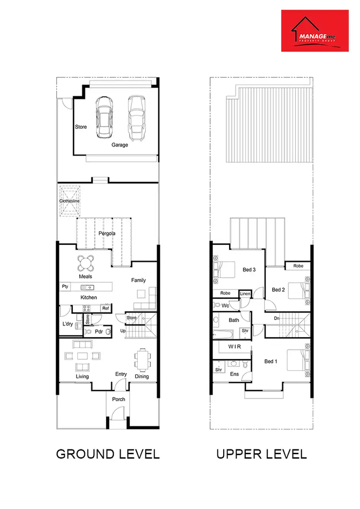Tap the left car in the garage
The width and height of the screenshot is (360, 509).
pyautogui.click(x=104, y=117)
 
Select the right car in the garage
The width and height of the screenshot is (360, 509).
pyautogui.click(x=136, y=118)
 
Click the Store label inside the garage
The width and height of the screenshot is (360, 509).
pyautogui.click(x=81, y=127)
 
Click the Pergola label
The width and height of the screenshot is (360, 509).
pyautogui.click(x=107, y=233)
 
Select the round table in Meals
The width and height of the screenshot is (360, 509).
pyautogui.click(x=86, y=263)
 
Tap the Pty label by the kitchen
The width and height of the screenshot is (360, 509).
pyautogui.click(x=65, y=287)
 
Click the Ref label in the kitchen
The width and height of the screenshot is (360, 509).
pyautogui.click(x=105, y=308)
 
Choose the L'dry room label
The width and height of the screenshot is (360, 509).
pyautogui.click(x=68, y=325)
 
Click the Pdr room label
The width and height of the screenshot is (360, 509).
pyautogui.click(x=99, y=332)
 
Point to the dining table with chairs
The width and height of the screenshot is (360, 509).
pyautogui.click(x=142, y=360)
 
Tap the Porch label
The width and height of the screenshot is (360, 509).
pyautogui.click(x=119, y=400)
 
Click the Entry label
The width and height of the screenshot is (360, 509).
pyautogui.click(x=121, y=375)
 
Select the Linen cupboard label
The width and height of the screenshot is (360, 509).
pyautogui.click(x=245, y=293)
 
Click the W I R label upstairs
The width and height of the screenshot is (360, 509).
pyautogui.click(x=234, y=347)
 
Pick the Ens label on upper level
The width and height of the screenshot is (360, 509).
pyautogui.click(x=235, y=374)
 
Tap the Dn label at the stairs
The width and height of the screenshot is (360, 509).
pyautogui.click(x=276, y=318)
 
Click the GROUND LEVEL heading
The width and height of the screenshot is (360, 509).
pyautogui.click(x=108, y=454)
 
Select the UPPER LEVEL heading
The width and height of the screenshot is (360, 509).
pyautogui.click(x=261, y=454)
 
